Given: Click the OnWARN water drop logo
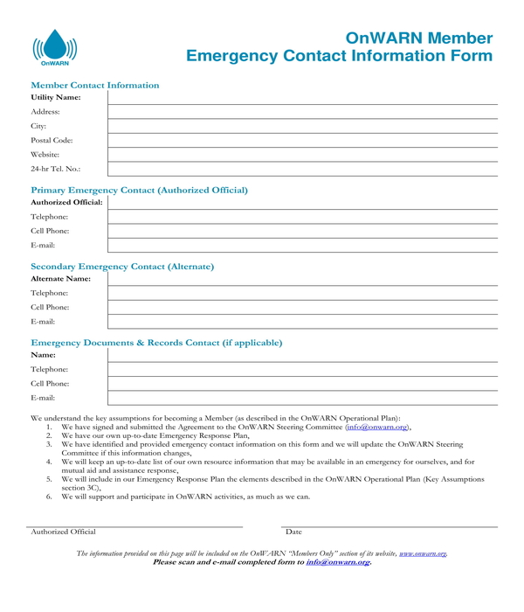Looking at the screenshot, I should tap(54, 47).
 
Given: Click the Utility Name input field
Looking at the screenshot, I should tap(302, 97).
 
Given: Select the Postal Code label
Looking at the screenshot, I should tap(52, 140).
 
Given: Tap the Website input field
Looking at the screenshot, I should tap(302, 154).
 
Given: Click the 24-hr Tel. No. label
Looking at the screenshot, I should tap(55, 169).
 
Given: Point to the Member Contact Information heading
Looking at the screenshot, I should tap(95, 85).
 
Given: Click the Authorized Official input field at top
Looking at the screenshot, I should tap(302, 202).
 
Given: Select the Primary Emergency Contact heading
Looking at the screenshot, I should tap(139, 190).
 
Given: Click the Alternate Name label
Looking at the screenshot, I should tap(60, 278).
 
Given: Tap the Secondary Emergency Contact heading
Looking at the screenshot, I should tap(122, 266).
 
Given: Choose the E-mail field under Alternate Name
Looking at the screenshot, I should tap(302, 322).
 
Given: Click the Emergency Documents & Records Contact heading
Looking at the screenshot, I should tap(156, 343).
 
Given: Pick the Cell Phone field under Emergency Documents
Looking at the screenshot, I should tap(302, 384).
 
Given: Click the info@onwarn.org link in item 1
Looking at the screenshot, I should tap(376, 427).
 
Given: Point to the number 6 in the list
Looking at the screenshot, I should tap(50, 497).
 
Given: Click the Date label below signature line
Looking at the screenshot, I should tap(293, 532).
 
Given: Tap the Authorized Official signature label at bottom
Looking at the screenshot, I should tap(63, 532).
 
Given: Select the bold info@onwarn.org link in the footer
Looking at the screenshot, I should tap(337, 562).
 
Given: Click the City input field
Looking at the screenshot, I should tap(302, 126).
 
